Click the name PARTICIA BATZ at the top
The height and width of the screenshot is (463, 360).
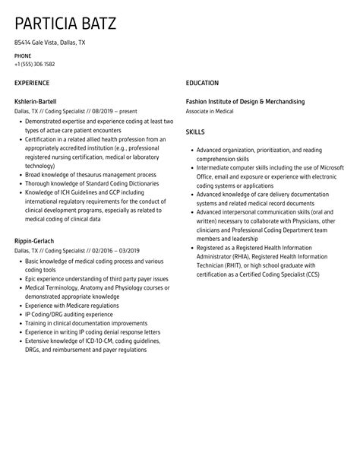pyautogui.click(x=65, y=23)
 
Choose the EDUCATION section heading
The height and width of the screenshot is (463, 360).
pyautogui.click(x=202, y=83)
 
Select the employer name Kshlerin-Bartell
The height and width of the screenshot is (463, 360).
pyautogui.click(x=35, y=101)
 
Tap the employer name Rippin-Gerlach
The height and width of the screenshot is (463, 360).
pyautogui.click(x=34, y=241)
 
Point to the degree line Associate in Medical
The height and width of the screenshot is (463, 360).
pyautogui.click(x=210, y=110)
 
